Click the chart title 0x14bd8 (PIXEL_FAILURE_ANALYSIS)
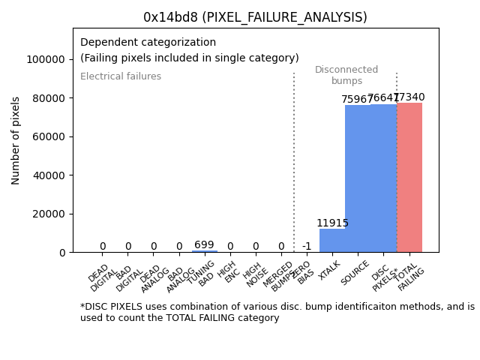[x=255, y=17]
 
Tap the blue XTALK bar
[x=332, y=241]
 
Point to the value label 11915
[x=332, y=223]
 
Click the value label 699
[x=204, y=245]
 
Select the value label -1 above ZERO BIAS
[x=307, y=247]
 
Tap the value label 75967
[x=358, y=100]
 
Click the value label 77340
[x=409, y=97]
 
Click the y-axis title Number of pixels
[x=16, y=140]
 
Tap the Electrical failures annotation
[x=121, y=76]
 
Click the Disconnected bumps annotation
[x=346, y=76]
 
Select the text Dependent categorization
[x=148, y=43]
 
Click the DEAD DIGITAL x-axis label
[x=103, y=277]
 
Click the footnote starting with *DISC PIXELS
[x=277, y=312]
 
